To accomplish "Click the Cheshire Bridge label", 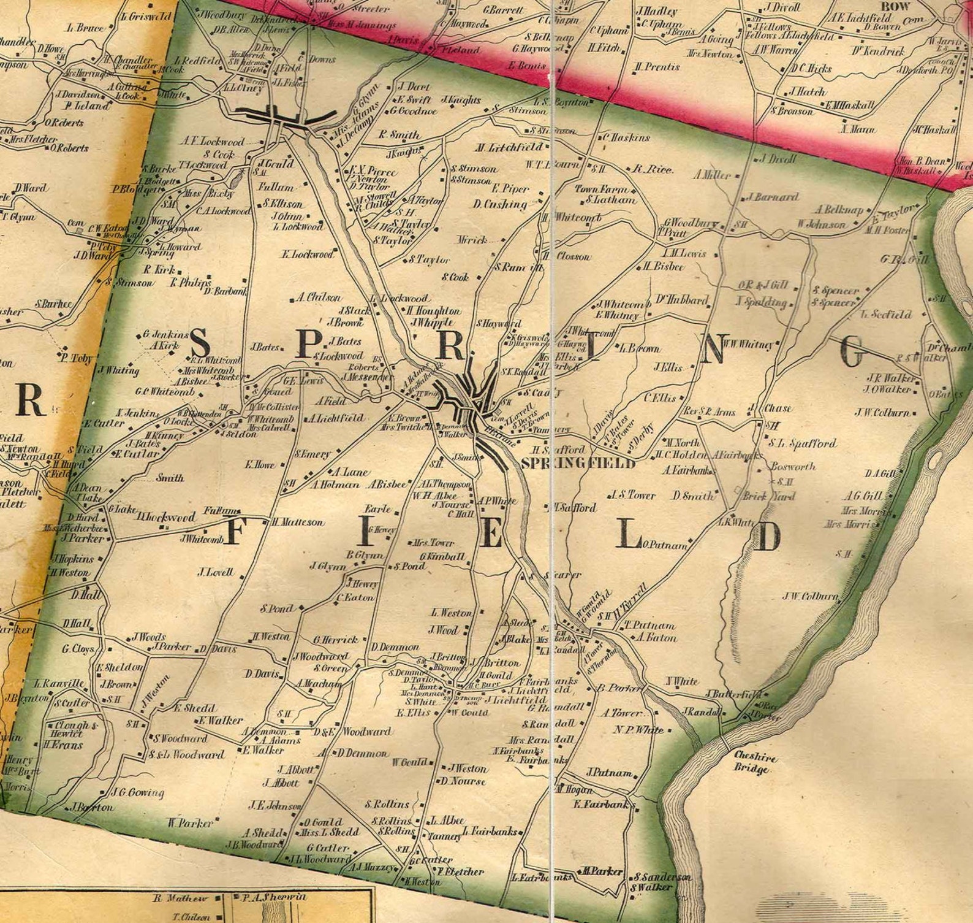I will [756, 763].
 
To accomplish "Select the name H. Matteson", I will [298, 523].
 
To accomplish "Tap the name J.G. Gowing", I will [138, 792].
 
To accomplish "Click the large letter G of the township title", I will [854, 352].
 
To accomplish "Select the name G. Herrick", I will [336, 640].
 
